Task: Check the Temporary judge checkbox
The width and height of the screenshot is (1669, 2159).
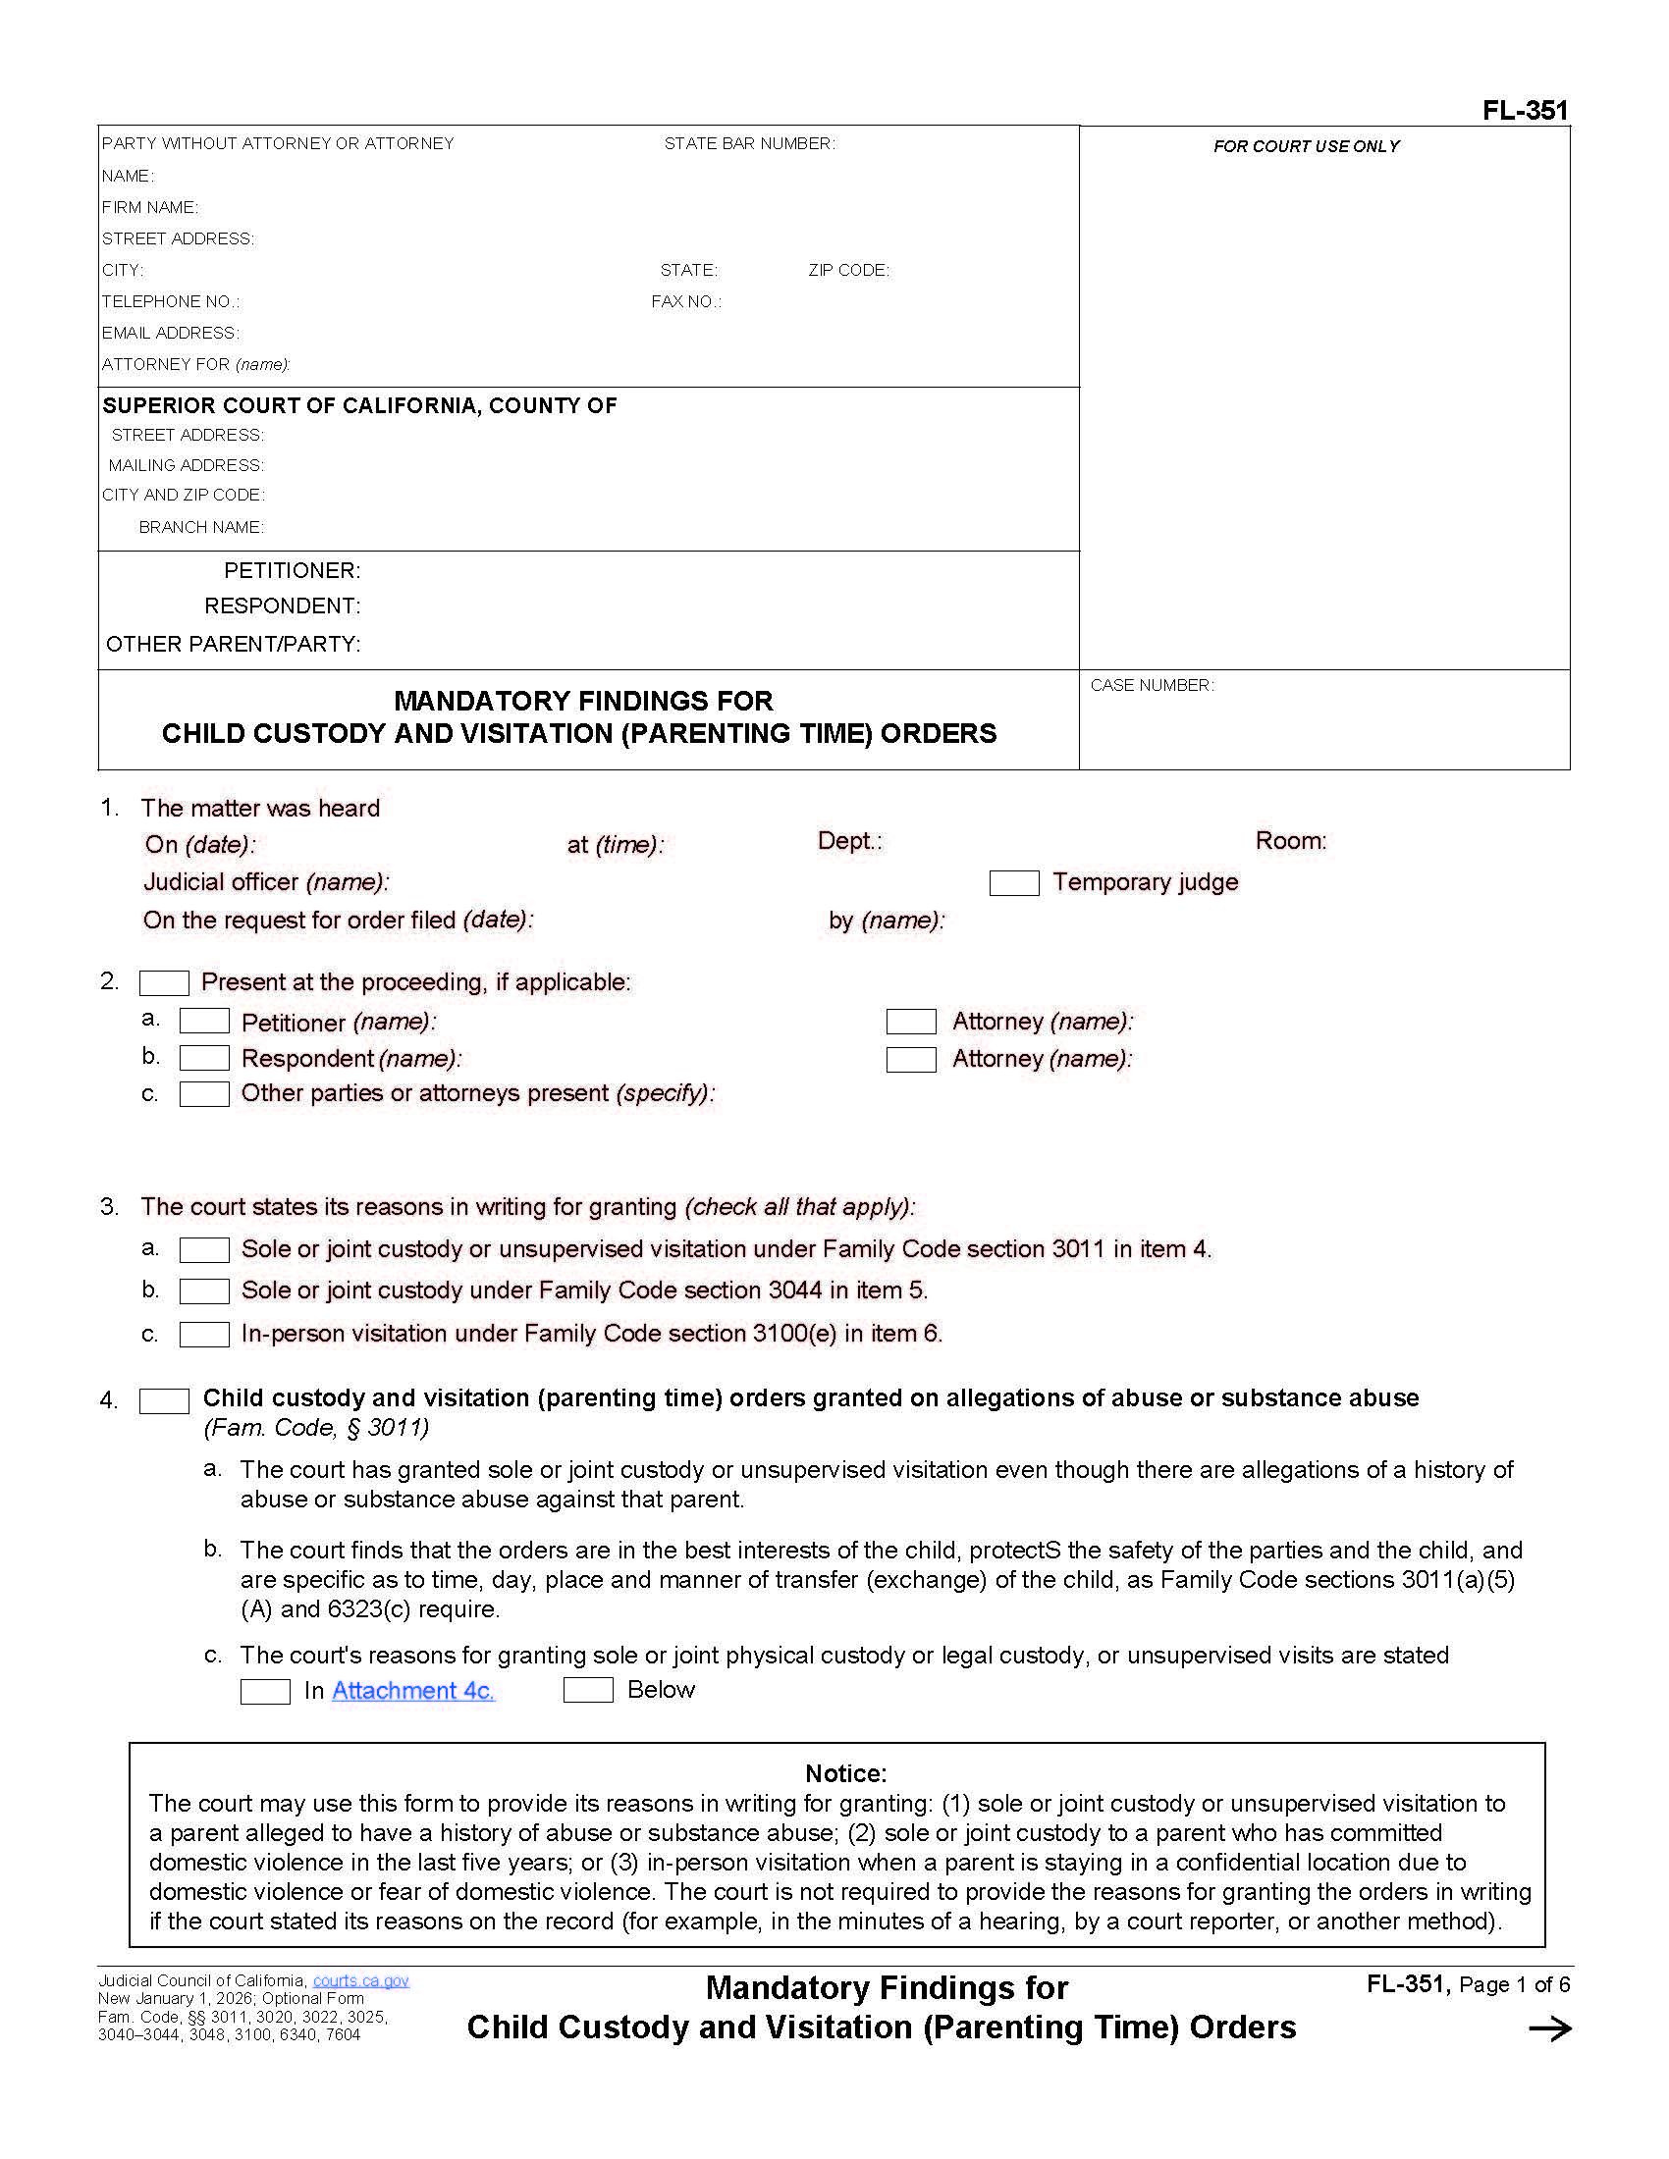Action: tap(1013, 883)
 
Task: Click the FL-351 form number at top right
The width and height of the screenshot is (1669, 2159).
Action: tap(1524, 110)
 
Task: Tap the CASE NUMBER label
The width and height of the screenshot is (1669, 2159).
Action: tap(1151, 685)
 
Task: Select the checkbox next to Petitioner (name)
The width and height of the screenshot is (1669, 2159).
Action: tap(203, 1021)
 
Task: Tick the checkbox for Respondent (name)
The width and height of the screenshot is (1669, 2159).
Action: tap(203, 1058)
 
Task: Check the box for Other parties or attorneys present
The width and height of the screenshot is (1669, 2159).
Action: tap(203, 1093)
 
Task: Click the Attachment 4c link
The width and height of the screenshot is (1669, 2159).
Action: tap(412, 1691)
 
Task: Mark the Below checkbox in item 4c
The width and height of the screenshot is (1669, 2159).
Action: tap(587, 1690)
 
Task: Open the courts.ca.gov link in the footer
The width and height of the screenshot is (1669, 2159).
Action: tap(360, 1980)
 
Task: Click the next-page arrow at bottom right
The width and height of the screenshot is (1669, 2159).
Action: tap(1548, 2029)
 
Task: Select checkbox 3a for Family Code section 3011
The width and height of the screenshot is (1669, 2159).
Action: tap(203, 1249)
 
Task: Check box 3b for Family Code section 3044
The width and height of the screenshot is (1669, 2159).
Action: tap(203, 1291)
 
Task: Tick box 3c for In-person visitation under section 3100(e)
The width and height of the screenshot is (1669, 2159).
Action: tap(203, 1334)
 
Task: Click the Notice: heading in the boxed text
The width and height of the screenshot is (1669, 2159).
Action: tap(845, 1772)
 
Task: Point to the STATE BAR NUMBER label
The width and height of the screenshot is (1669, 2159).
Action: tap(748, 143)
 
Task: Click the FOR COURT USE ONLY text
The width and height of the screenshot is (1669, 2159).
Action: tap(1305, 146)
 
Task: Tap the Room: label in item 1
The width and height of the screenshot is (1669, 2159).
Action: tap(1290, 840)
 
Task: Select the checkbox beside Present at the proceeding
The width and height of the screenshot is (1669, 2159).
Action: tap(164, 982)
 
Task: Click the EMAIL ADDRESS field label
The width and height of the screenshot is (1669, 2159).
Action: tap(170, 333)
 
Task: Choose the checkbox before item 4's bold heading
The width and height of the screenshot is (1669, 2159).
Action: tap(164, 1400)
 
